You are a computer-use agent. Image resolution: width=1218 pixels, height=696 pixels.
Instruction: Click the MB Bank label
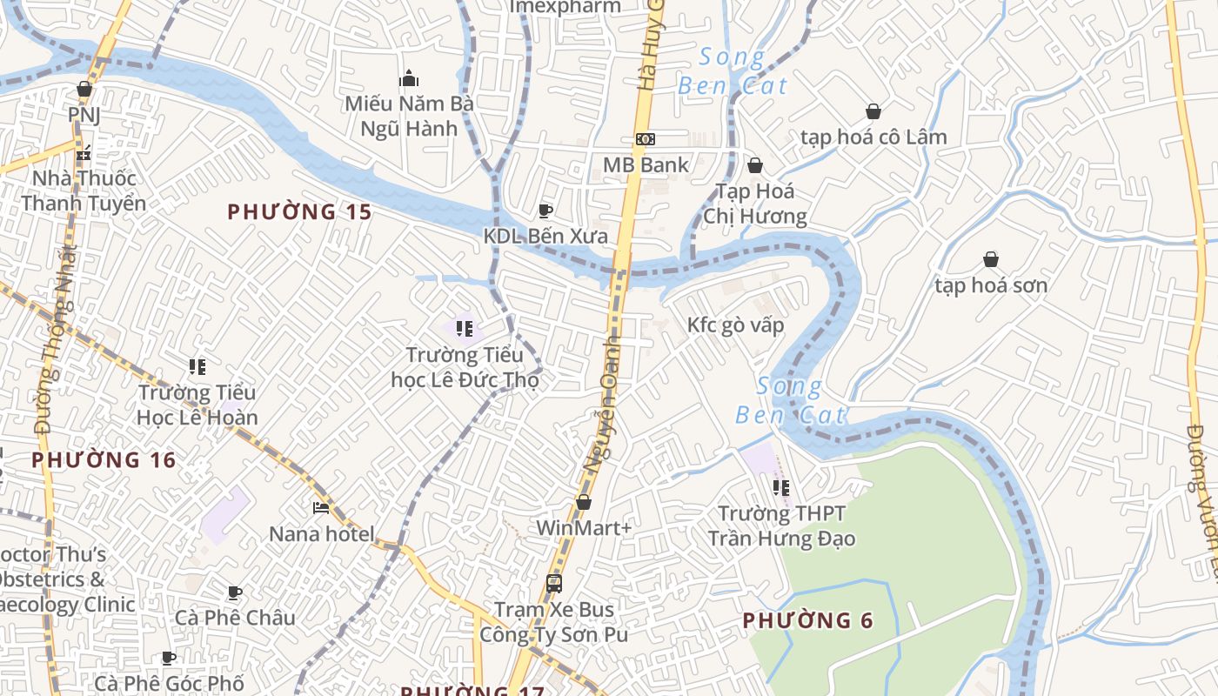point(646,164)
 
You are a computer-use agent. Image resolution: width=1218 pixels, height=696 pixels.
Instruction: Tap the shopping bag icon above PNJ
point(84,89)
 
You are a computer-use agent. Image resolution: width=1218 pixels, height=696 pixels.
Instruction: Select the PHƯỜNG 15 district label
point(299,211)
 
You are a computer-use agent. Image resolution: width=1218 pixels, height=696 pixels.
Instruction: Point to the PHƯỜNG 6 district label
point(807,620)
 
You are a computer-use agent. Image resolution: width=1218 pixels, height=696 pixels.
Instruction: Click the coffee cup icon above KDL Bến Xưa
point(545,211)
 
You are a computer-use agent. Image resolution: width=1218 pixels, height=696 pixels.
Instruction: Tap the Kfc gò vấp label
point(735,325)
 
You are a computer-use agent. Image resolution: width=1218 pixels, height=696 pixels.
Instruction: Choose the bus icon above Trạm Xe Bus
point(553,583)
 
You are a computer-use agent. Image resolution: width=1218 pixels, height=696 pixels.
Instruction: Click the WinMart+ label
point(583,527)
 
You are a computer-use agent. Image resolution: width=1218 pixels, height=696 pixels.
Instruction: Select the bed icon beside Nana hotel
point(321,508)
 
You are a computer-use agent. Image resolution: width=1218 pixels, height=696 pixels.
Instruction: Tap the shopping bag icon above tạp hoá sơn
point(990,259)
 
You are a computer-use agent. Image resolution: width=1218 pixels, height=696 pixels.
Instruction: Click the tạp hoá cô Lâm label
point(873,137)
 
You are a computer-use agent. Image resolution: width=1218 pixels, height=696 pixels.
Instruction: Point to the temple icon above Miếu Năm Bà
point(409,79)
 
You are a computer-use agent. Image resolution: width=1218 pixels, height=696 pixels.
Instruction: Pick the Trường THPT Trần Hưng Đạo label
point(781,525)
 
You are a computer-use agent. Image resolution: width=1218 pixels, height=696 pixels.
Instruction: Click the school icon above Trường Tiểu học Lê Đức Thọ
point(464,329)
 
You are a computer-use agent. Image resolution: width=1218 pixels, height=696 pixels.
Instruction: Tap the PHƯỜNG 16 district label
point(104,459)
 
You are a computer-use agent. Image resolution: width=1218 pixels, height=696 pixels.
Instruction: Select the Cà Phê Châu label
point(235,618)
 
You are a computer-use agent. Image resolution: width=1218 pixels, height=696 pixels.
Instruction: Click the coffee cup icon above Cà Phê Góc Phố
point(169,658)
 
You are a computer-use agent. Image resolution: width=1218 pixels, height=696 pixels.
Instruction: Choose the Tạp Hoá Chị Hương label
point(754,203)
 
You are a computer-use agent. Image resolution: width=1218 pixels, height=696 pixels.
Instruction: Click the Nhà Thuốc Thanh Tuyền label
point(84,191)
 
